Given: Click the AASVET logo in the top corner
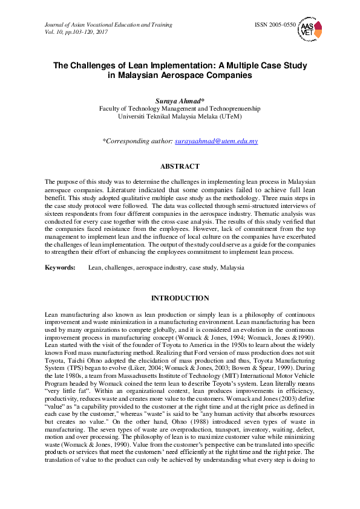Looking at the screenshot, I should pos(310,30).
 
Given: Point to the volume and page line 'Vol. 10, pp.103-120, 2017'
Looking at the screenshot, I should pos(76,31).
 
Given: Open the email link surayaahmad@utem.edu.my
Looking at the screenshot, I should pos(216,141).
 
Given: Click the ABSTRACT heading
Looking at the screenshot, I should pos(180,166).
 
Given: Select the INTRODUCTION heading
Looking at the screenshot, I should pos(180,298).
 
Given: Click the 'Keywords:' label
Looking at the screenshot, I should pos(60,267).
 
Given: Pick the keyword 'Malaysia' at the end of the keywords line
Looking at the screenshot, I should pos(232,267).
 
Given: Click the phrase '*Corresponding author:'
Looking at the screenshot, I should pos(137,141).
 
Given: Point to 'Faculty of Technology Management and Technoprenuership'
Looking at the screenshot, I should pos(180,108).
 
